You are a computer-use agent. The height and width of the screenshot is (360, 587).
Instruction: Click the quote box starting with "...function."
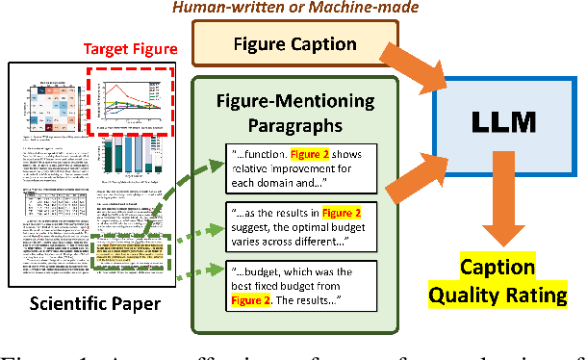[300, 170]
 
